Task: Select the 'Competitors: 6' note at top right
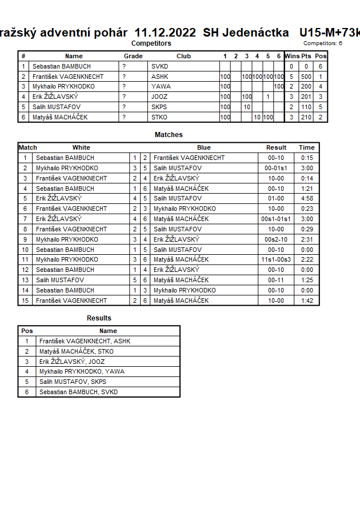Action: click(323, 43)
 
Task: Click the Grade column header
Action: click(133, 57)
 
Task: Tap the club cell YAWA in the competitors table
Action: click(159, 87)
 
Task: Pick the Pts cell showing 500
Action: click(306, 77)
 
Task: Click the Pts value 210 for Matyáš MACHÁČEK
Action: click(306, 117)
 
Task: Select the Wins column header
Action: click(291, 57)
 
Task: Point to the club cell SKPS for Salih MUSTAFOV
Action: click(159, 107)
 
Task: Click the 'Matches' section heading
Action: click(169, 135)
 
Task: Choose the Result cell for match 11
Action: click(277, 259)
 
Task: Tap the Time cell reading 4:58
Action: click(307, 198)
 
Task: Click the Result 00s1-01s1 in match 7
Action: click(277, 219)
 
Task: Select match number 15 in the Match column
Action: click(25, 300)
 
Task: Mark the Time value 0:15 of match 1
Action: click(307, 158)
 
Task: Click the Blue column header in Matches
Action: click(204, 147)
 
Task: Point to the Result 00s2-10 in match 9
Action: click(277, 239)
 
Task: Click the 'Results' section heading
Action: click(99, 318)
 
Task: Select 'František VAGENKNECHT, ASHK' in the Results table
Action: click(85, 341)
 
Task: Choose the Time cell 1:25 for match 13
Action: click(307, 280)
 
